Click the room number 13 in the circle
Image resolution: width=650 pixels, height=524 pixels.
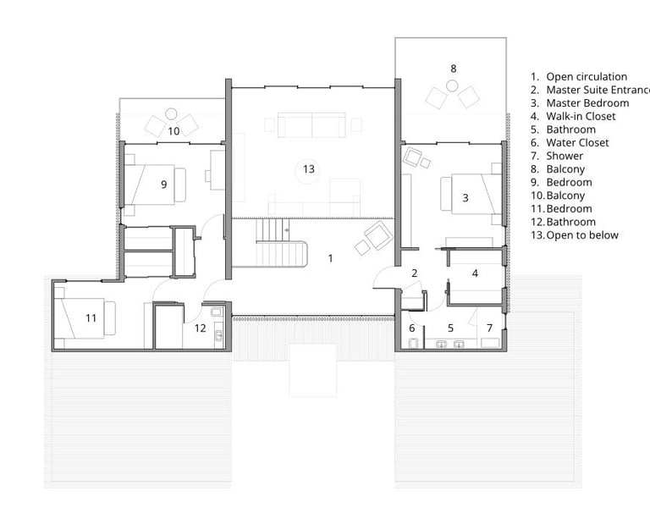tap(308, 169)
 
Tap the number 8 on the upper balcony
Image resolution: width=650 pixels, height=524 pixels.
tap(453, 69)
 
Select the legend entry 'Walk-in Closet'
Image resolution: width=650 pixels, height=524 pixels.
tap(581, 117)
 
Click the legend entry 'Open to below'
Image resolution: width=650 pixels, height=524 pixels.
tap(582, 235)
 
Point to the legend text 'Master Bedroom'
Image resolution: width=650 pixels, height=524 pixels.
tap(587, 103)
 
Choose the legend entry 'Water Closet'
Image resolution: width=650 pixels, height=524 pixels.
tap(577, 143)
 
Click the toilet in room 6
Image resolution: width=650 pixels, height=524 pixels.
tap(413, 343)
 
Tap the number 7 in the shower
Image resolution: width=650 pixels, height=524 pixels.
tap(489, 328)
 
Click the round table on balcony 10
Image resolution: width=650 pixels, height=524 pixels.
tap(171, 113)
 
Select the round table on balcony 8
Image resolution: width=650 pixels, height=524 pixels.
tap(452, 86)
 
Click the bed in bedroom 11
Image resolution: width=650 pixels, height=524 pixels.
tap(85, 318)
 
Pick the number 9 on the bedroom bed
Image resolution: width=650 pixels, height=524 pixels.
tap(163, 184)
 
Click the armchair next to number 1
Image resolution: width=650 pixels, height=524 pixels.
tap(378, 235)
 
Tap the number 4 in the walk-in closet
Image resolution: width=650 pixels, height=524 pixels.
tap(475, 273)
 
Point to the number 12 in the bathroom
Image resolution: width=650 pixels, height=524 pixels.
tap(201, 328)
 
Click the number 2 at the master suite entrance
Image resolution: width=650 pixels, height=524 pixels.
tap(414, 273)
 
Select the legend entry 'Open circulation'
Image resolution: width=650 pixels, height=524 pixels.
tap(587, 77)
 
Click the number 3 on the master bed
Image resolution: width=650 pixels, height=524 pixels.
tap(465, 198)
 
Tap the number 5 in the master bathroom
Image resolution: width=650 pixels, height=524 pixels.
tap(450, 328)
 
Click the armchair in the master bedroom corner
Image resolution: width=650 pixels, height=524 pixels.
tap(413, 157)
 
